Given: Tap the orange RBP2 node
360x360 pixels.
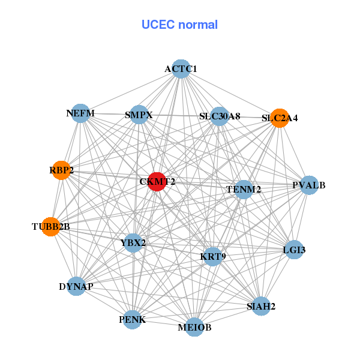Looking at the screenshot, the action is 61,170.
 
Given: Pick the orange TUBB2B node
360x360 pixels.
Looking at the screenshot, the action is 51,226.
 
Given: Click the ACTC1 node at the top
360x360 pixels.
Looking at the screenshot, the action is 181,69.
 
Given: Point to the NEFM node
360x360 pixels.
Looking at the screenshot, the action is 80,113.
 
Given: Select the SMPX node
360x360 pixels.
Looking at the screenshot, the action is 139,115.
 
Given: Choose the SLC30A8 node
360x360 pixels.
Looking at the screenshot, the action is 219,116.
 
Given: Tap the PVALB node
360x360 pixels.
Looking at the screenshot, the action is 309,185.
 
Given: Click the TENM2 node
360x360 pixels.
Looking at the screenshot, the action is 244,190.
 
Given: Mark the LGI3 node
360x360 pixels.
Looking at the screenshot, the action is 294,249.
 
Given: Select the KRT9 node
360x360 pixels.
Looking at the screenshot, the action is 213,257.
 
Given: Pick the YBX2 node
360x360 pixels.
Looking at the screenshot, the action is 133,242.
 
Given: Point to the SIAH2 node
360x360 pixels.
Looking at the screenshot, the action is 261,307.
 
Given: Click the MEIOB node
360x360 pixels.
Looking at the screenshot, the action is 194,327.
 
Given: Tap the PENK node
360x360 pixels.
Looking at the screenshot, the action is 132,319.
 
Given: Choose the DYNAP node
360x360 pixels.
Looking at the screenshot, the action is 76,286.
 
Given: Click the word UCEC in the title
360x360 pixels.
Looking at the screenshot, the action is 158,25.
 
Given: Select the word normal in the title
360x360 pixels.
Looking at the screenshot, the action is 197,25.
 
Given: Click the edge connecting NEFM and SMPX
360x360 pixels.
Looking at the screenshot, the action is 110,114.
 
